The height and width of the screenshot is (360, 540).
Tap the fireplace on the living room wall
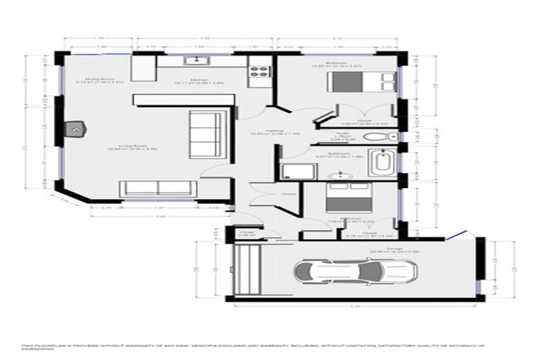[x=75, y=130]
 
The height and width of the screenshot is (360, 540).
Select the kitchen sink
[x=190, y=61]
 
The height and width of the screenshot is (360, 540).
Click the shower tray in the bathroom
[x=290, y=170]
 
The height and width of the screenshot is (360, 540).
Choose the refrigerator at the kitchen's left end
[x=143, y=69]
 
